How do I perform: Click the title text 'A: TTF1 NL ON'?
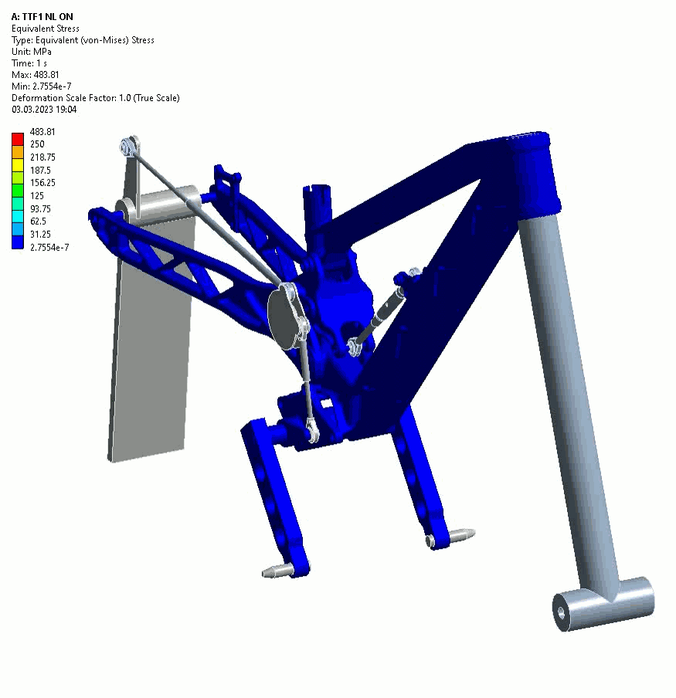point(42,17)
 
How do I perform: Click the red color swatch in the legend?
point(18,139)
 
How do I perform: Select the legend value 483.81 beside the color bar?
point(42,132)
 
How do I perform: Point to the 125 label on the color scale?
point(37,195)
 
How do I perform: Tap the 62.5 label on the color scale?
point(39,222)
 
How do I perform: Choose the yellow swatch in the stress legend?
point(18,165)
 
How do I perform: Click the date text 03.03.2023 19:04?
point(44,110)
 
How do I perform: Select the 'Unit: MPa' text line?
point(31,52)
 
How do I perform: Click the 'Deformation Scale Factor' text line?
point(95,98)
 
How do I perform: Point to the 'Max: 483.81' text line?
point(36,75)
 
